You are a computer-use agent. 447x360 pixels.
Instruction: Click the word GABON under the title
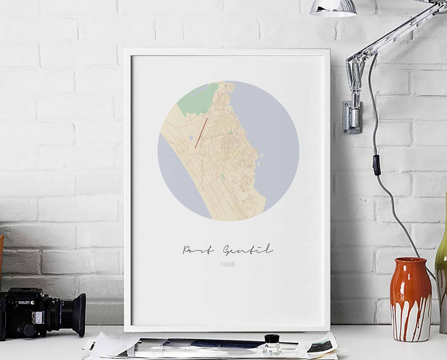pos(228,265)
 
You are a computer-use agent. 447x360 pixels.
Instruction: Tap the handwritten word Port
pos(198,250)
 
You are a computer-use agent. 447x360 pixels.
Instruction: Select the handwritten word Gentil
pos(248,250)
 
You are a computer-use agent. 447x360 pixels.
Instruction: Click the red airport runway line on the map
pos(202,132)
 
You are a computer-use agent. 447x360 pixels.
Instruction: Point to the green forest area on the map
pos(198,100)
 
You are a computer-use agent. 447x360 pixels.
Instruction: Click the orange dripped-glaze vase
pos(410,300)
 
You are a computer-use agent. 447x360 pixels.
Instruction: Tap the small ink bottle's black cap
pos(272,338)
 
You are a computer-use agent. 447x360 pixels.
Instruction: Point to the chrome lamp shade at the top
pos(334,8)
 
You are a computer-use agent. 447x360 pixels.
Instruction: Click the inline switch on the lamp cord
pos(376,165)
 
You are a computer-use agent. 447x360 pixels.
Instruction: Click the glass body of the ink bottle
pos(272,348)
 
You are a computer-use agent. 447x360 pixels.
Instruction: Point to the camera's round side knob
pos(29,331)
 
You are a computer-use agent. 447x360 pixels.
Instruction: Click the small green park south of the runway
pos(222,176)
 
